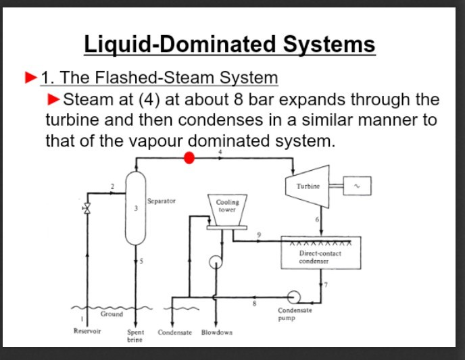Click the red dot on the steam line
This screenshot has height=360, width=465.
point(190,158)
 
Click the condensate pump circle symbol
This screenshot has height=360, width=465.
point(293,296)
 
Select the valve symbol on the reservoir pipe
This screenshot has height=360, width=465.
point(86,209)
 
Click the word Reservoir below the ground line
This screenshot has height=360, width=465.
point(87,332)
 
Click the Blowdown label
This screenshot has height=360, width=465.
point(217,332)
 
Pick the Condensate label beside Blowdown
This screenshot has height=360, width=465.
point(175,332)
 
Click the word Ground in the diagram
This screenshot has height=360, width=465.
point(112,314)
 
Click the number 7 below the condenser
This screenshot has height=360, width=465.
point(325,284)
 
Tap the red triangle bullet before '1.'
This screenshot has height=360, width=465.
point(30,78)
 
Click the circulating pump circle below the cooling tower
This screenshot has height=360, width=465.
point(216,261)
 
